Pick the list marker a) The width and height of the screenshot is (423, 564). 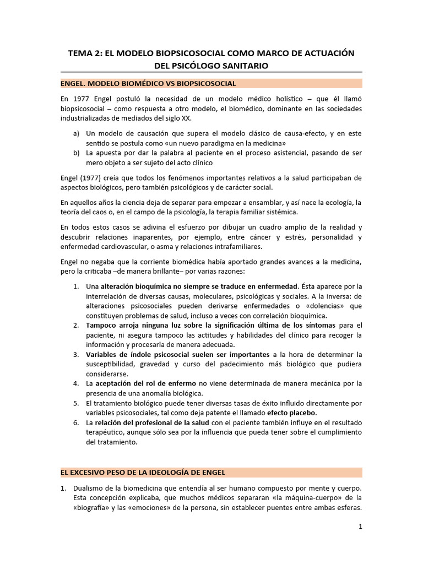coord(75,134)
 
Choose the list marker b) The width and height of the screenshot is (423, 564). coord(75,153)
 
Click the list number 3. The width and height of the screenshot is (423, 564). coord(76,354)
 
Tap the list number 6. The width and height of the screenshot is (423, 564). coord(76,422)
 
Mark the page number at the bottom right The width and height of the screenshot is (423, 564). coord(360,527)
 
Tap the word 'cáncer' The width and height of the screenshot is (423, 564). coord(262,237)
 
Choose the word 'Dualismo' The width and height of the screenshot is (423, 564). coord(90,489)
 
